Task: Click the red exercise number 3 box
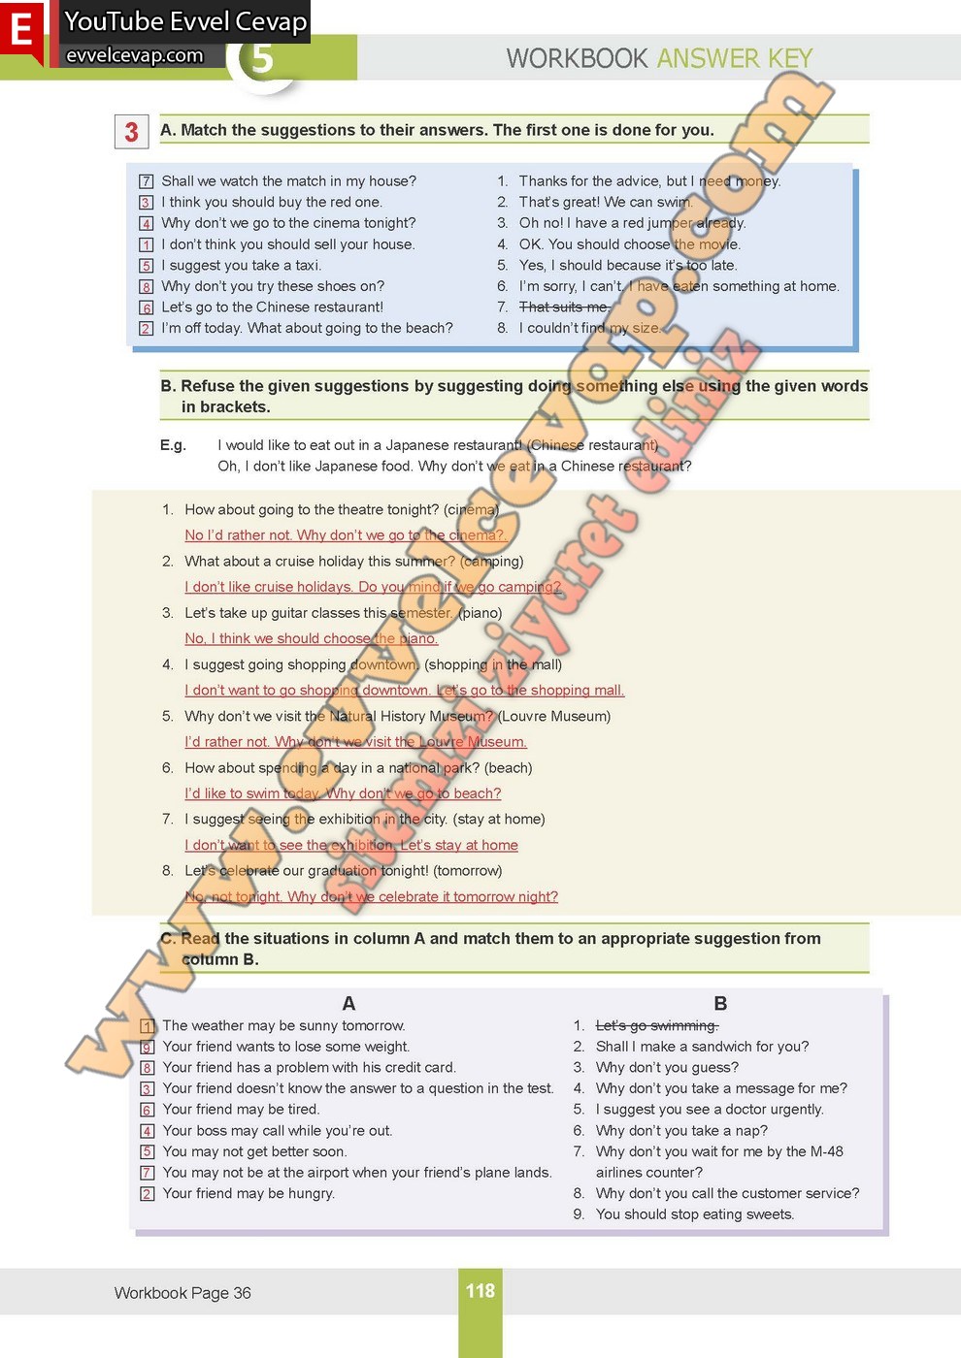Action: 131,132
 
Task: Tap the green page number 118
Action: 480,1291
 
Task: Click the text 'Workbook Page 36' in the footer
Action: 182,1293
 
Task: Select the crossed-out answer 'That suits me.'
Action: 564,307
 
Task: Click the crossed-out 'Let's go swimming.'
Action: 657,1025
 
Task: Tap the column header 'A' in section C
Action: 348,1003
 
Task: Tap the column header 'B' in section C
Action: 720,1003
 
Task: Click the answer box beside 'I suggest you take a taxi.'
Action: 147,266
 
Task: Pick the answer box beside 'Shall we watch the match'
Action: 147,181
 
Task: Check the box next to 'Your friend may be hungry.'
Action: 148,1194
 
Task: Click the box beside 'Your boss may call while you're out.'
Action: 148,1131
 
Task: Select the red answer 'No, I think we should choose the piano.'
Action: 312,638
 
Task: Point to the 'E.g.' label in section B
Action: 173,445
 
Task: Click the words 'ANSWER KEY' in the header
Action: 735,58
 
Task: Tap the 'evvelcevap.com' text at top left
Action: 134,55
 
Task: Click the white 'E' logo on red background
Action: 21,29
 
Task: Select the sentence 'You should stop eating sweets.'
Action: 695,1214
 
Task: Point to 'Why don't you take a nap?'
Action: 681,1130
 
